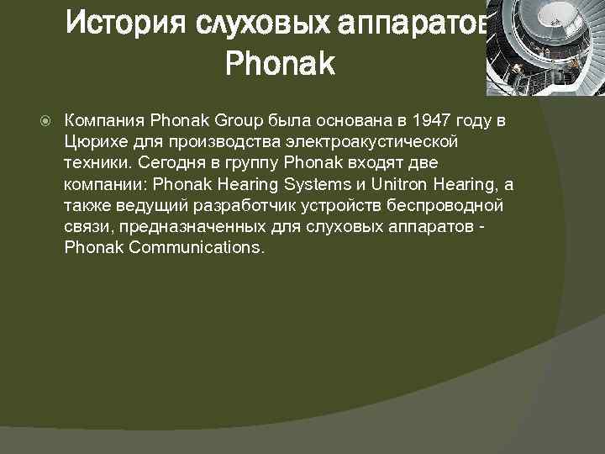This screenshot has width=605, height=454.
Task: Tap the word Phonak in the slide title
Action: [x=280, y=65]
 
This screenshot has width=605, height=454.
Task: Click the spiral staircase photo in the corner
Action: [x=545, y=47]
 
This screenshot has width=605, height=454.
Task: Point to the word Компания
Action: [x=103, y=121]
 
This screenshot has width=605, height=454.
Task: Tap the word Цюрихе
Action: [x=94, y=142]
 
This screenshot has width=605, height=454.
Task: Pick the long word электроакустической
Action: [x=364, y=142]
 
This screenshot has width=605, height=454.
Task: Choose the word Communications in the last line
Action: [x=197, y=248]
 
